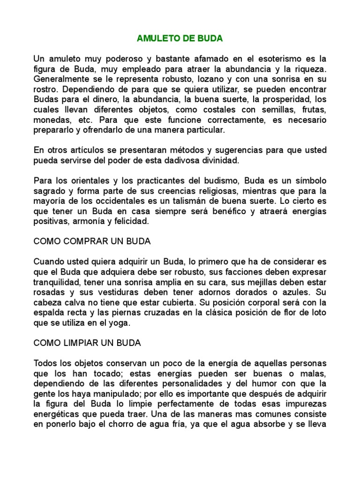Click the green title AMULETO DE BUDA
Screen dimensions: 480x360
[x=180, y=38]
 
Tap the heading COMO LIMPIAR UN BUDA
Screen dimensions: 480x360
[x=87, y=343]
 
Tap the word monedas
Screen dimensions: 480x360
[x=52, y=120]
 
